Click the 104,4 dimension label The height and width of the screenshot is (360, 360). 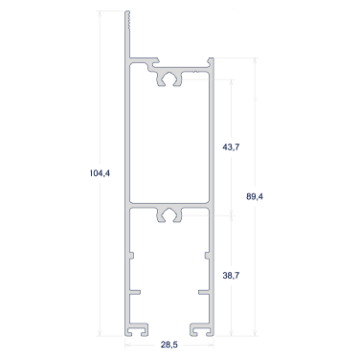100,173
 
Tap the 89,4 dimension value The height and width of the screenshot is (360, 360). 255,196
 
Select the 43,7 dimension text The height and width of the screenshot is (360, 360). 231,147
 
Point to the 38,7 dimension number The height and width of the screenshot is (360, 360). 231,275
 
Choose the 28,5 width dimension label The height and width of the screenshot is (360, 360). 169,345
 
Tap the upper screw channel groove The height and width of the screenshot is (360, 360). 169,79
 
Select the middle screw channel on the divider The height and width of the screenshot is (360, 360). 169,214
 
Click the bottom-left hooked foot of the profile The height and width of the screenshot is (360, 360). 137,329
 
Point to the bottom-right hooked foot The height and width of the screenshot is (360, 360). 202,329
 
